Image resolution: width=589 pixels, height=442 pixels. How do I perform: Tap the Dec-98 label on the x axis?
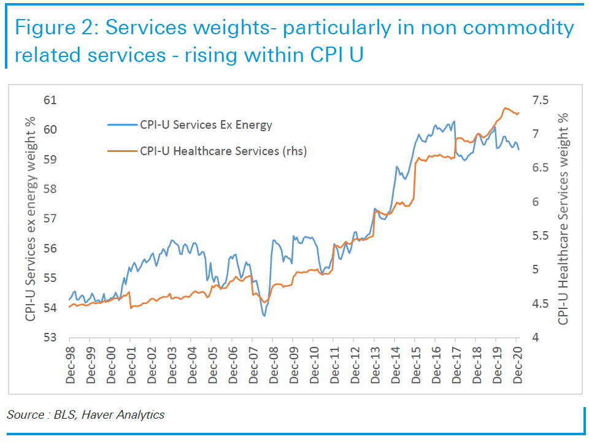point(70,364)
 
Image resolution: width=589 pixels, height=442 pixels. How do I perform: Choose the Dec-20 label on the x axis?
point(517,364)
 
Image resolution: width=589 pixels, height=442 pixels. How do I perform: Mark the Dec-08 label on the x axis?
point(273,364)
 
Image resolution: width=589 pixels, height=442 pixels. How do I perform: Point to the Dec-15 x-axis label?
point(415,364)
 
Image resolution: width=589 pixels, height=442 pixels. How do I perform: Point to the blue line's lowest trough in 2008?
point(264,316)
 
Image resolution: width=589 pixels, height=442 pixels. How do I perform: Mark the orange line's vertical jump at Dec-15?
point(415,181)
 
